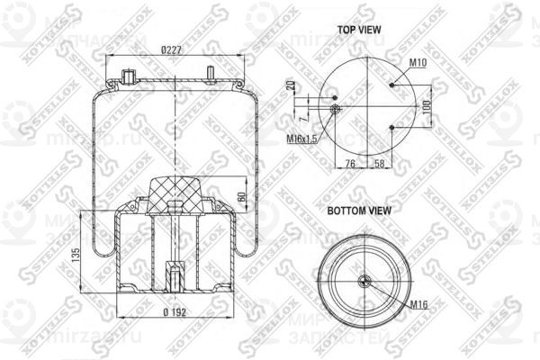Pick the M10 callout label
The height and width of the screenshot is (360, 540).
click(x=417, y=62)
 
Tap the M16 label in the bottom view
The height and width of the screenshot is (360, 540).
click(x=418, y=305)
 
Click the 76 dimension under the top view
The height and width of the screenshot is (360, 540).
click(x=350, y=164)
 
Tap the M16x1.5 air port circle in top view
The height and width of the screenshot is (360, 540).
click(x=335, y=110)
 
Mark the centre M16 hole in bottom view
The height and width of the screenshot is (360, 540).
click(x=364, y=281)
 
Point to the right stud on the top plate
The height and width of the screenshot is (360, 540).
click(x=210, y=73)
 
